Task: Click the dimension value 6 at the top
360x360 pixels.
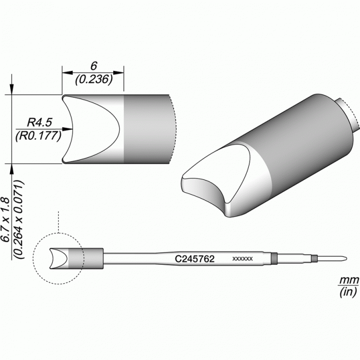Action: pos(94,66)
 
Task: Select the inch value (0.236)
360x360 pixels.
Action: pos(94,79)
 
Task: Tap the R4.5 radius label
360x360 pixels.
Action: pos(40,122)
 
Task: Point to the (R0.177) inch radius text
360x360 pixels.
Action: pos(38,136)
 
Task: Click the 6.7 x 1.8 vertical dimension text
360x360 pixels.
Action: pos(5,219)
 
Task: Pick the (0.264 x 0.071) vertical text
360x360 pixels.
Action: pos(19,219)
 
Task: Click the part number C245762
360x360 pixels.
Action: pos(194,259)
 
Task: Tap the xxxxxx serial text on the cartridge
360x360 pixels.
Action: pos(242,259)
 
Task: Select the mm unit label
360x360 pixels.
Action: pos(348,280)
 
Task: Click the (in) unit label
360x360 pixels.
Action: pos(348,292)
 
